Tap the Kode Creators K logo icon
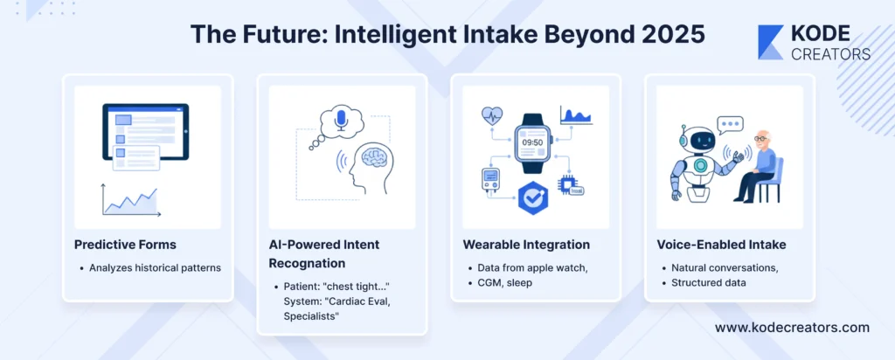(771, 42)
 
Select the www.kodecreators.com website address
(792, 328)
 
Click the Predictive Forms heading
(125, 244)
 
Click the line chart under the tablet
(131, 200)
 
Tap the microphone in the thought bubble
(341, 120)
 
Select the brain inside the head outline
(375, 156)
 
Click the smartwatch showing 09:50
(532, 142)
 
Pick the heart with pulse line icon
(491, 116)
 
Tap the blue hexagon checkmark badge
(532, 197)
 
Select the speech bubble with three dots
(730, 124)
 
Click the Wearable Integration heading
(526, 244)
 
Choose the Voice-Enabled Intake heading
(721, 244)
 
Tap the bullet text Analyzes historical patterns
(155, 267)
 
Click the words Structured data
(708, 282)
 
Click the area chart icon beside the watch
(576, 114)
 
